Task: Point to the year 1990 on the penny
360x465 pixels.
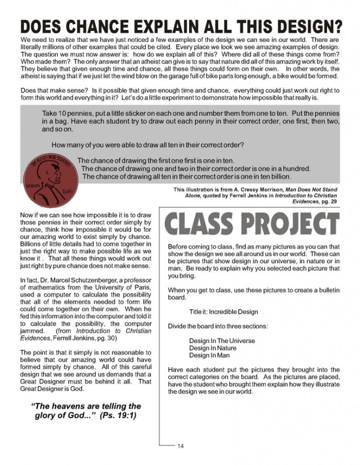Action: point(68,190)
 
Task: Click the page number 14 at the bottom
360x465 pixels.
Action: point(180,446)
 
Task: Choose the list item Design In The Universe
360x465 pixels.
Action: point(221,340)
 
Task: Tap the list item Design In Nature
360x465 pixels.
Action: point(212,348)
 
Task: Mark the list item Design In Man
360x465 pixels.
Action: point(209,355)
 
